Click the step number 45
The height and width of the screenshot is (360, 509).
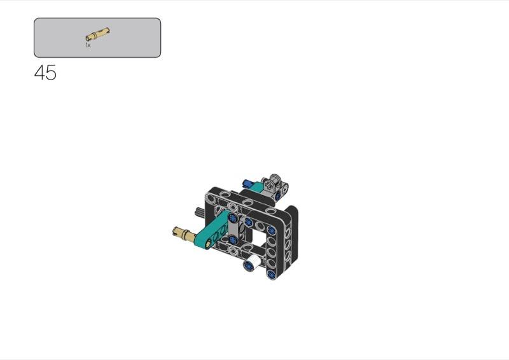[45, 73]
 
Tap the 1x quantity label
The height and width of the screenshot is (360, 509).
[88, 45]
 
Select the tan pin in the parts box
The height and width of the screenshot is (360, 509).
[98, 34]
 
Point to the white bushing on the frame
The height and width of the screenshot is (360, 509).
[252, 262]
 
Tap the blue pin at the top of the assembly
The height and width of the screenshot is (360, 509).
[249, 184]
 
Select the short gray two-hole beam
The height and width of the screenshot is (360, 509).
[234, 229]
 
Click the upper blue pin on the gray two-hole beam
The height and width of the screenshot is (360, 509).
[232, 218]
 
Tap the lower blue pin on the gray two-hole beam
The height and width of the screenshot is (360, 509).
[233, 240]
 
